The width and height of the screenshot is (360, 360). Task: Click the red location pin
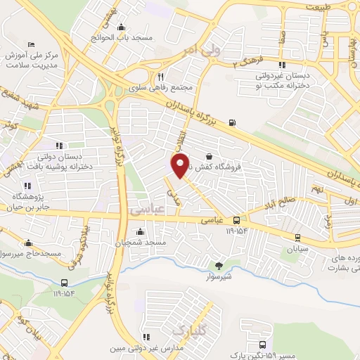180,165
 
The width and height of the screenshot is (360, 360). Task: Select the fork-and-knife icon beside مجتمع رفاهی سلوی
161,77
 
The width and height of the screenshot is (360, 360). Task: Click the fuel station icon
233,124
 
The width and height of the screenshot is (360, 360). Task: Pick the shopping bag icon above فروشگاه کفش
209,156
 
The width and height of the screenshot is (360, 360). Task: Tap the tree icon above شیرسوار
218,266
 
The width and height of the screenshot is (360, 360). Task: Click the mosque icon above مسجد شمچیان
141,232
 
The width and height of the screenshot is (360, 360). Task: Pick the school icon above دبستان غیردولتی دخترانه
282,66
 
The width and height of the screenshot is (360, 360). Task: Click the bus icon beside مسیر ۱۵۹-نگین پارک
262,345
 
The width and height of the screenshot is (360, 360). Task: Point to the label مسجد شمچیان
146,243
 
